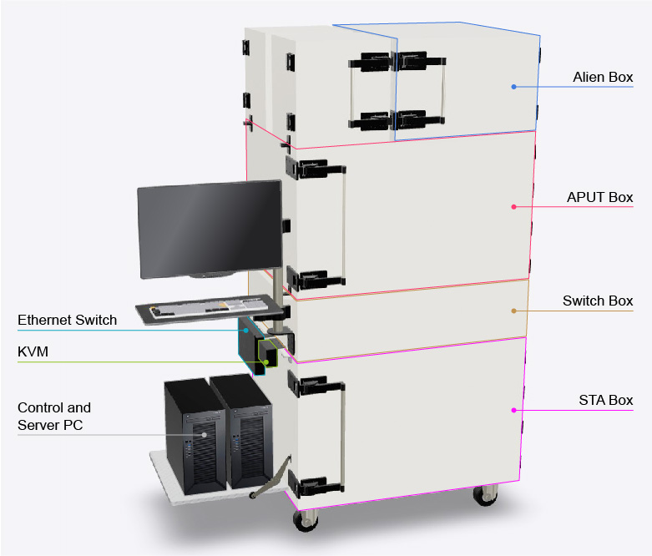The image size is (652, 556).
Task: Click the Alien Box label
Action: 603,78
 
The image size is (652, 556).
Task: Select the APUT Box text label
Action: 599,198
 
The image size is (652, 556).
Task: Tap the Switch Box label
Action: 598,301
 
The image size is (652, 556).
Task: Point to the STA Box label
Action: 606,401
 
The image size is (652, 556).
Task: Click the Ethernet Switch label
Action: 68,320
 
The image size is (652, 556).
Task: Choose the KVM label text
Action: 33,352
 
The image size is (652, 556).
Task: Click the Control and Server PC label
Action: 54,417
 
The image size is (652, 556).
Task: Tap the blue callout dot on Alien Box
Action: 514,87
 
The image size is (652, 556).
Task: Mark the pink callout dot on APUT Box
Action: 514,206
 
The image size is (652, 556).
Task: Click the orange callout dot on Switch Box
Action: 514,311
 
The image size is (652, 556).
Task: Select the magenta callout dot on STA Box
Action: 514,410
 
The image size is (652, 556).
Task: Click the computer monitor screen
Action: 209,230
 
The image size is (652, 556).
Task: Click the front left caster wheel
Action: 305,518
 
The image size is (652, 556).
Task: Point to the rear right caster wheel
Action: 483,495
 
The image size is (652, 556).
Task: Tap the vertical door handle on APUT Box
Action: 341,221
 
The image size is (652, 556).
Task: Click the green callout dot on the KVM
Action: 266,362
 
